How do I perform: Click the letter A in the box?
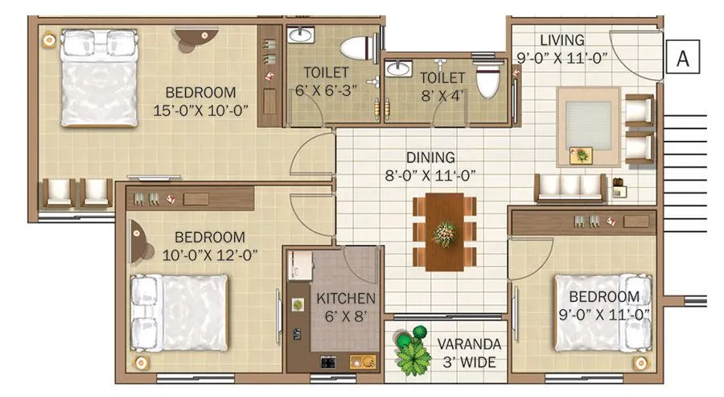pyautogui.click(x=684, y=58)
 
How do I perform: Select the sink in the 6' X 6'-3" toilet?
pyautogui.click(x=300, y=35)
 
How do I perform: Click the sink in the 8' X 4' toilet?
pyautogui.click(x=397, y=69)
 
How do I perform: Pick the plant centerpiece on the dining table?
pyautogui.click(x=444, y=234)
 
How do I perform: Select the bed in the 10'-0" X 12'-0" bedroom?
pyautogui.click(x=179, y=312)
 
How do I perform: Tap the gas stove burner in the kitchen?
pyautogui.click(x=328, y=362)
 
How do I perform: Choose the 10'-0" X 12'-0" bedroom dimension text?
pyautogui.click(x=209, y=254)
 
